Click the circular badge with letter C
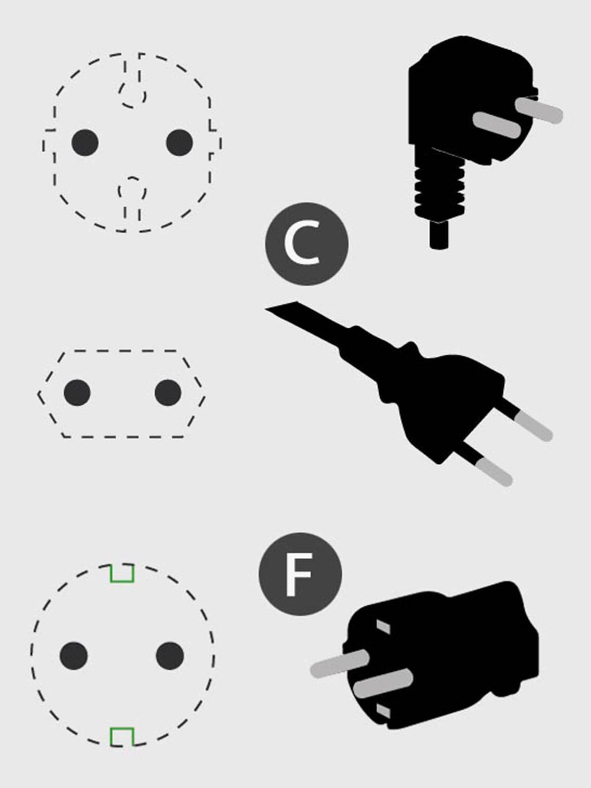[x=307, y=244]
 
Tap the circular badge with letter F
[x=300, y=574]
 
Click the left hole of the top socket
[x=85, y=142]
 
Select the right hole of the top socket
[x=179, y=142]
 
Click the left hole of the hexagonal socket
[x=77, y=393]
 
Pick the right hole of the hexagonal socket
[x=168, y=393]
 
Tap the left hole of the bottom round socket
[x=73, y=656]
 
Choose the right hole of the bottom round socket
[x=170, y=656]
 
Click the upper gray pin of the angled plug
[x=539, y=110]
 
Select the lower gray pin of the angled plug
[x=497, y=125]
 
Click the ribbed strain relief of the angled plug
[x=440, y=190]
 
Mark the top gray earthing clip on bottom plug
[x=383, y=626]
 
